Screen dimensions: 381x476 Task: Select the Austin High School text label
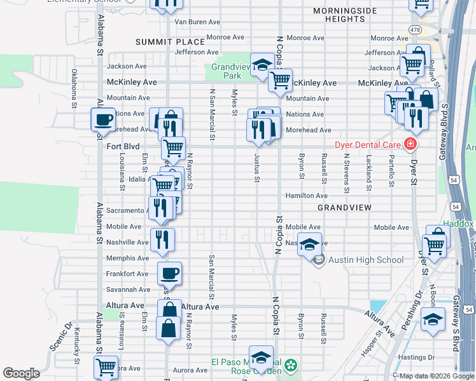point(366,260)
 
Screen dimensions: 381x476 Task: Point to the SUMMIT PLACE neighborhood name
point(164,42)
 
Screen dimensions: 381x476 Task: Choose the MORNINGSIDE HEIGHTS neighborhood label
point(344,15)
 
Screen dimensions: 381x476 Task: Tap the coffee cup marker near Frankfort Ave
point(169,274)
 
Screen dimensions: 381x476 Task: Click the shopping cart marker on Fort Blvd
point(173,148)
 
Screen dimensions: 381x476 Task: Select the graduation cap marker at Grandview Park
point(261,64)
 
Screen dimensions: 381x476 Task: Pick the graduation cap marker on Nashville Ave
point(309,244)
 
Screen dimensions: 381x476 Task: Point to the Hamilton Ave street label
point(306,196)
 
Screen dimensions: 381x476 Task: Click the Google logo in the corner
point(21,373)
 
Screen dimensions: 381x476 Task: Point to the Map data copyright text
point(437,376)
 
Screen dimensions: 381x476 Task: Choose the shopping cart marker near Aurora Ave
point(106,366)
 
